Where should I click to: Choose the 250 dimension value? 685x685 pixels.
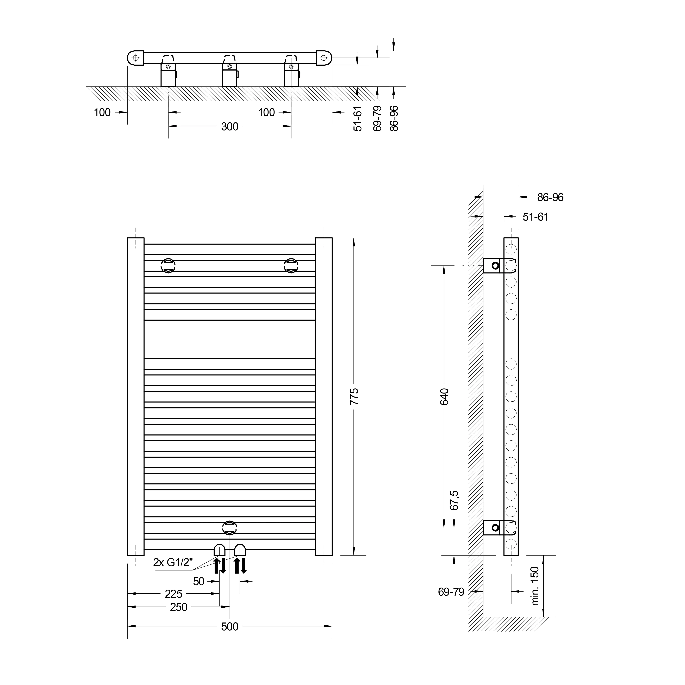(179, 607)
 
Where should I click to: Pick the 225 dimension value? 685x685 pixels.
(174, 594)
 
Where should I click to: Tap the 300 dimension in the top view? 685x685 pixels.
(230, 127)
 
